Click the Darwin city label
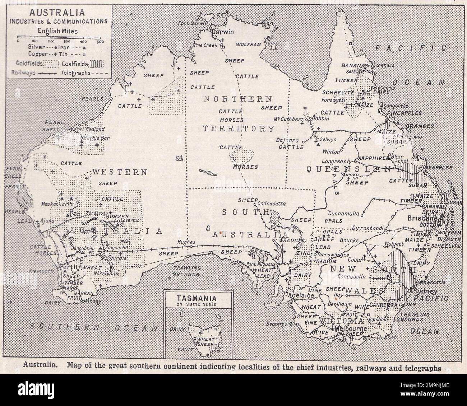pos(222,32)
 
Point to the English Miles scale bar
pos(59,37)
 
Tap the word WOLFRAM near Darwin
pos(248,45)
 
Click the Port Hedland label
pos(89,129)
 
